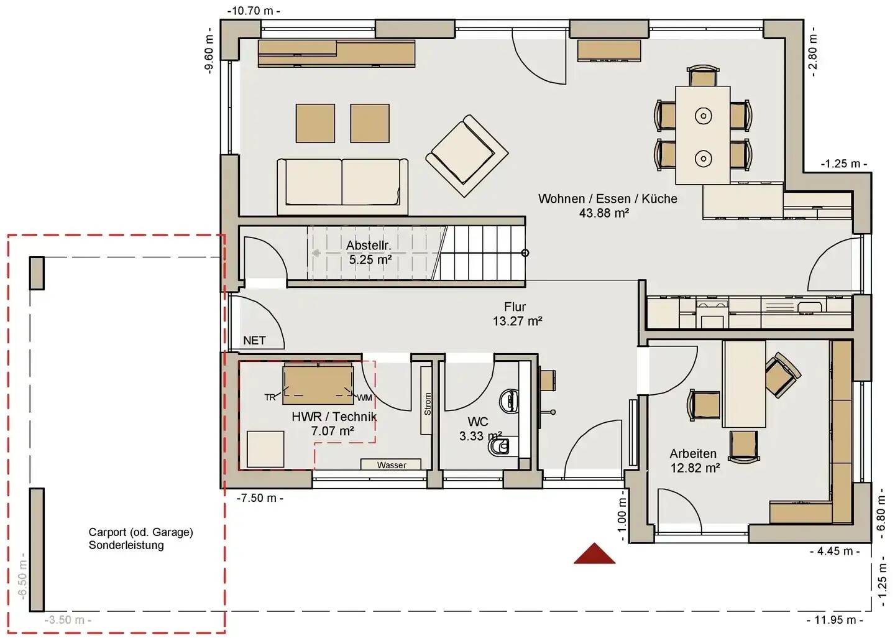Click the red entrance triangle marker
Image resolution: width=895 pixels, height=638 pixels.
594,553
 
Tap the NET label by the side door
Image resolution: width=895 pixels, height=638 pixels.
254,340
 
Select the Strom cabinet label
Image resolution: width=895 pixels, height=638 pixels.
427,404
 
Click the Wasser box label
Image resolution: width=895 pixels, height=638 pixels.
391,465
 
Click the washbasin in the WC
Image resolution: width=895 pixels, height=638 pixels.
509,400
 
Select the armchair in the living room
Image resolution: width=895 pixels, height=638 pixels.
467,155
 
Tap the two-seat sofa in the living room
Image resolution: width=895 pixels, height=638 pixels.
342,187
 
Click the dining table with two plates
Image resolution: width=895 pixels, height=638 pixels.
703,135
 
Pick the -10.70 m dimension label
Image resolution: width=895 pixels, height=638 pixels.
254,11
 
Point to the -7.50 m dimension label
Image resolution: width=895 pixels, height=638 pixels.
260,498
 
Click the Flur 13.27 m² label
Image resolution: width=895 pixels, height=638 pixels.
517,314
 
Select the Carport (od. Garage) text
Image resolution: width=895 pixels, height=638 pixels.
140,532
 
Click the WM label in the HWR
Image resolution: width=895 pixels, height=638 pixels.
364,398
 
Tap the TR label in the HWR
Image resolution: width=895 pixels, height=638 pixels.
270,397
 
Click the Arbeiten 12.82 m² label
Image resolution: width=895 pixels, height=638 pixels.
695,461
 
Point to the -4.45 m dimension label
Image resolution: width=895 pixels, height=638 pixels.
835,551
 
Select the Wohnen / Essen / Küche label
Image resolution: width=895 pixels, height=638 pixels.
607,198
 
